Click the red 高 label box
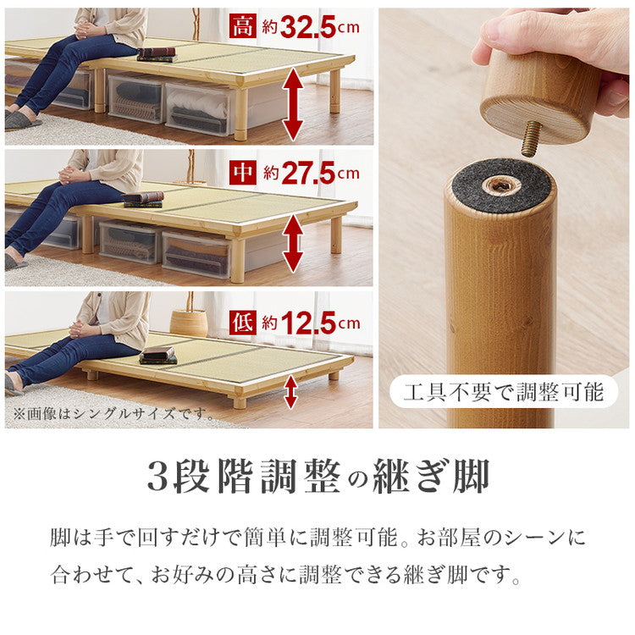pos(242,27)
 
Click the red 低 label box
pos(242,322)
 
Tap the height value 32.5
pos(310,27)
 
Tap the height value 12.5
pos(310,322)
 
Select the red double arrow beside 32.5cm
pos(292,103)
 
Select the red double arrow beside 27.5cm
pos(292,244)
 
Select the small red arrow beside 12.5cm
pos(290,392)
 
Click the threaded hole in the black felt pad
pos(501,185)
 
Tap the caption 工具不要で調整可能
pos(503,392)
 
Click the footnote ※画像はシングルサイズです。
pos(112,413)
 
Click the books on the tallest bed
pos(157,54)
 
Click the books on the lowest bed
pos(157,354)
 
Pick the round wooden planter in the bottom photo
pos(188,322)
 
